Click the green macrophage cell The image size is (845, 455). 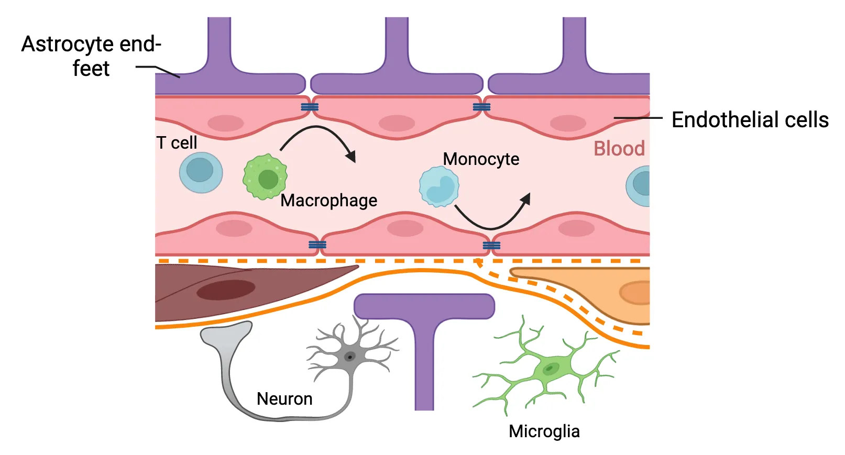tap(265, 177)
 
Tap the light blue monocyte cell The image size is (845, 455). tap(439, 186)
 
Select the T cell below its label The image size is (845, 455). tap(201, 172)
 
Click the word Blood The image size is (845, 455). tap(619, 149)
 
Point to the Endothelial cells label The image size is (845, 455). tap(750, 120)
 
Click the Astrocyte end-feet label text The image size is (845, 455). tap(91, 56)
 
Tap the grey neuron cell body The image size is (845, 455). tap(349, 357)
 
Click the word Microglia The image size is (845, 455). tap(544, 431)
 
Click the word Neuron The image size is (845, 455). tap(284, 399)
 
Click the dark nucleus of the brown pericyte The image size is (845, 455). tap(226, 290)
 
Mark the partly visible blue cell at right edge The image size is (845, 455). tap(640, 185)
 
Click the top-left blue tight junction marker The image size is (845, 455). tap(309, 107)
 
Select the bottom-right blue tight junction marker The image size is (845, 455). tap(491, 246)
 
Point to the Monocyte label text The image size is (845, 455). tap(481, 159)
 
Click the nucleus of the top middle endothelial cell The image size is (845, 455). tap(397, 124)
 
